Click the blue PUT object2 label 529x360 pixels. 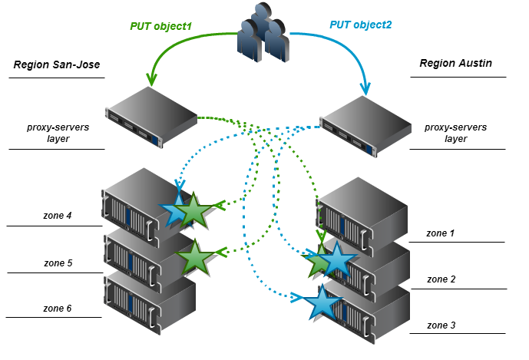(361, 25)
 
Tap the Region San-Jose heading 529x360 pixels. (57, 66)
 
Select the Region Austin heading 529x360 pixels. (455, 63)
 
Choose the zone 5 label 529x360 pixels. (58, 263)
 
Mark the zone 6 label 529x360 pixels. (58, 308)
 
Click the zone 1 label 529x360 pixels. (441, 232)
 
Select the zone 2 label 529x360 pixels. (441, 279)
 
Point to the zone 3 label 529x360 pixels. (441, 325)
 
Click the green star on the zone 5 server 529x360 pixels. (195, 257)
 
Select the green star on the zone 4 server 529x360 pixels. (195, 211)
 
